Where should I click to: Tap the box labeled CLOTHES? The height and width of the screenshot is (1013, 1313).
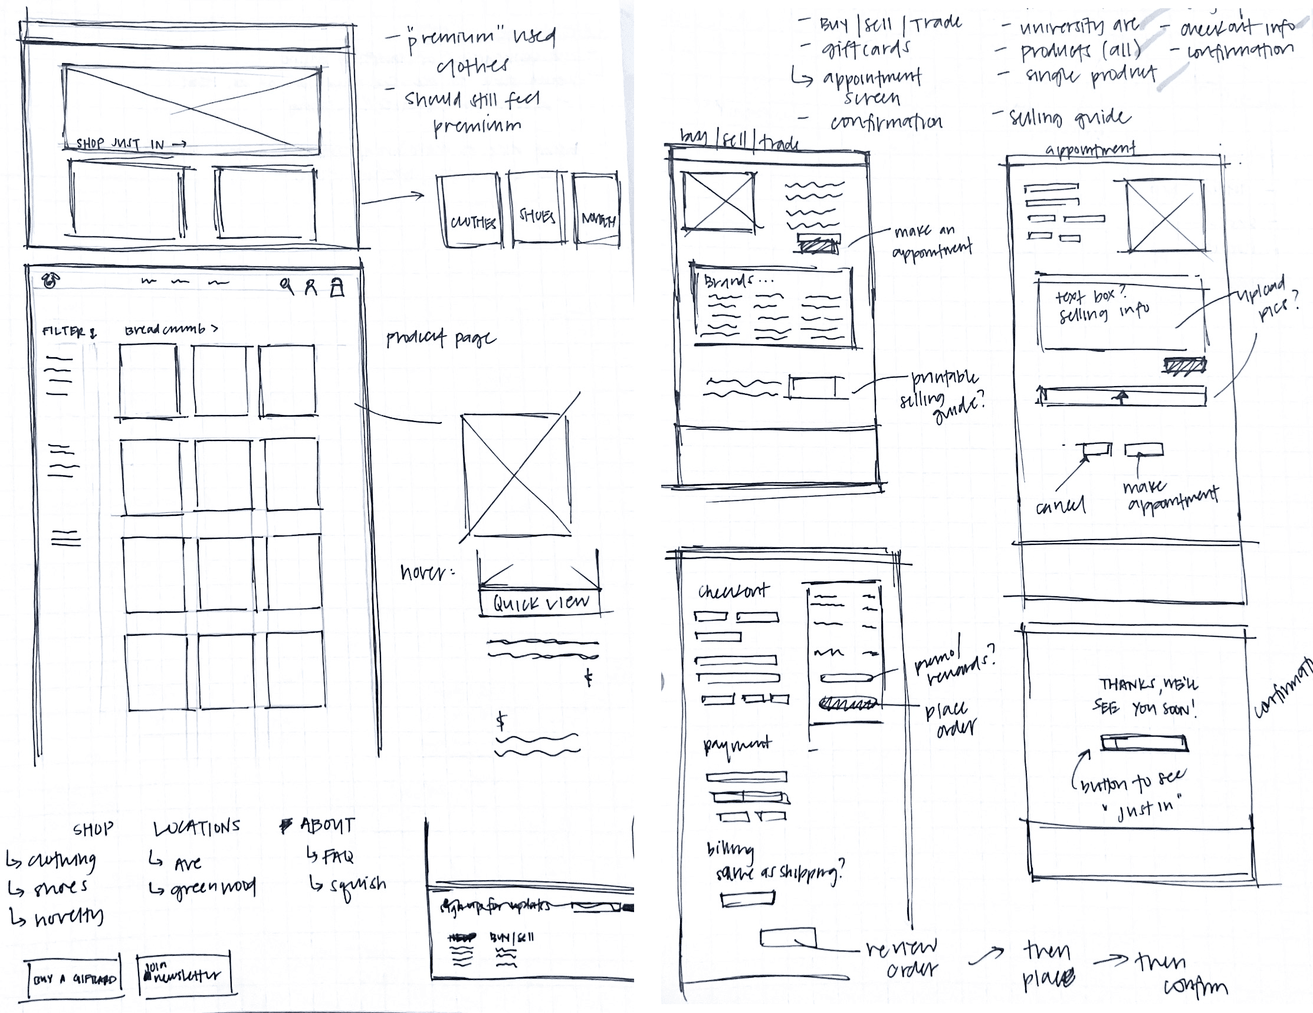[x=473, y=222]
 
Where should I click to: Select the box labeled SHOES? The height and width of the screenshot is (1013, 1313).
[x=537, y=216]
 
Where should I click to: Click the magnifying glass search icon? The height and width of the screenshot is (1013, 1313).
[x=288, y=286]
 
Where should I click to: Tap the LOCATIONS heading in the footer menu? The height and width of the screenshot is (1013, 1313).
[x=196, y=828]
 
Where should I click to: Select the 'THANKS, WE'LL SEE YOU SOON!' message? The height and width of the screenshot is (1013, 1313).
[x=1146, y=697]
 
